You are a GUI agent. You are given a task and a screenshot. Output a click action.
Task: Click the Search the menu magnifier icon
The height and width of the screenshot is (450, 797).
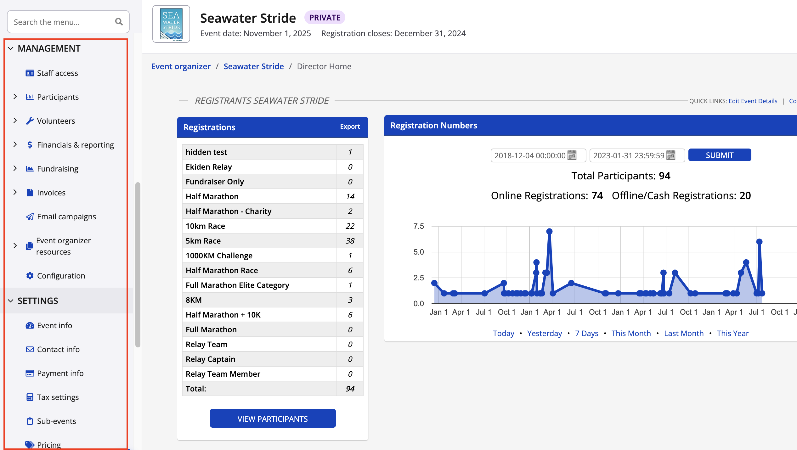119,22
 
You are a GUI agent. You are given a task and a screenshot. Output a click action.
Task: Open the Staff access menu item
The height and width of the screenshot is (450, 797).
57,73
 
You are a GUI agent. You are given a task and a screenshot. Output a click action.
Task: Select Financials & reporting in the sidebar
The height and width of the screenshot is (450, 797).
75,145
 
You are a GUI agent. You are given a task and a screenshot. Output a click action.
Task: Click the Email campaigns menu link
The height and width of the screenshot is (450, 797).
66,217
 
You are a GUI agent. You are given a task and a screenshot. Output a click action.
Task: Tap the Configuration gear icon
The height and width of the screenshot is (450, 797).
30,276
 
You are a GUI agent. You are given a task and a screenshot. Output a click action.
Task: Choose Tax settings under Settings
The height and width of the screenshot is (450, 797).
58,397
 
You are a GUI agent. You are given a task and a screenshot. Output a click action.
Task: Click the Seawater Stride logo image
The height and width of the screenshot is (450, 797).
171,24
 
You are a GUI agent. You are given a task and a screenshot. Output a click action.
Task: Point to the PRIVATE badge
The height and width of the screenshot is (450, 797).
325,18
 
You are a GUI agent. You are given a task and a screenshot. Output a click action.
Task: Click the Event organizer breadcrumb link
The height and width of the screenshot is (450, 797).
181,66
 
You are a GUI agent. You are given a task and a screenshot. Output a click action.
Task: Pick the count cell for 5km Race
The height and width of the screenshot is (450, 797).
350,241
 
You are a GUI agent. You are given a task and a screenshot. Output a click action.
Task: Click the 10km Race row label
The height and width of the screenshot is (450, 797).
205,226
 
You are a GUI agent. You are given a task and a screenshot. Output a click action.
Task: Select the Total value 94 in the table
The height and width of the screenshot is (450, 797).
350,389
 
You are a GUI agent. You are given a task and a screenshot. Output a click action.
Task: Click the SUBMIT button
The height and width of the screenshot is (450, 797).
719,155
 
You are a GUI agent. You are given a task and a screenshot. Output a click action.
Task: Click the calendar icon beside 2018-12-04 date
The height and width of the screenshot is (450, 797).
572,155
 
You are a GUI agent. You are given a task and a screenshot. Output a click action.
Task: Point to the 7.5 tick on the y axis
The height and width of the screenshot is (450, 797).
418,226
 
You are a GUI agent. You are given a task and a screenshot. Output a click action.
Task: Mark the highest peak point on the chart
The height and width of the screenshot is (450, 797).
549,231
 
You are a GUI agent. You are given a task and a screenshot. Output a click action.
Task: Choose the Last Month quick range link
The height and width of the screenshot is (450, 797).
684,333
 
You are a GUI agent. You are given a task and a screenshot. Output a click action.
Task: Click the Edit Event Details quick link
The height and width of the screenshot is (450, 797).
753,101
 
